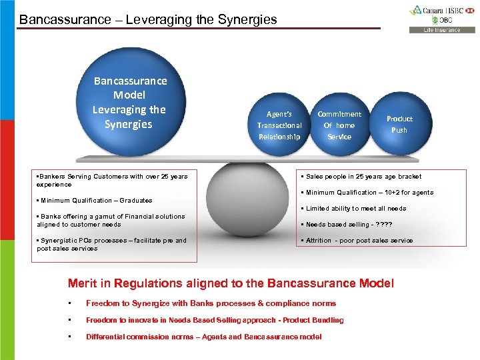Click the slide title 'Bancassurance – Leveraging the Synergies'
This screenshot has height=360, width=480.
pyautogui.click(x=148, y=19)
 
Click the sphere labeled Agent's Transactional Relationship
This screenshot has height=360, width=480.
pyautogui.click(x=279, y=125)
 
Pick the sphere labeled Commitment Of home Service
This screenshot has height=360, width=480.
pyautogui.click(x=339, y=125)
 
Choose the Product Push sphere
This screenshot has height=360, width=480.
pyautogui.click(x=399, y=124)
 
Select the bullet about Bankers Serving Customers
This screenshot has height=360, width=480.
pyautogui.click(x=112, y=180)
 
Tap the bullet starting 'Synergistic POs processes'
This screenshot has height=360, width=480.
pyautogui.click(x=112, y=244)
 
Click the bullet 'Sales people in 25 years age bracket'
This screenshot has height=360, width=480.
pyautogui.click(x=363, y=177)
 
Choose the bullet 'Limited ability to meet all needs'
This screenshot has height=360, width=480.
pyautogui.click(x=356, y=208)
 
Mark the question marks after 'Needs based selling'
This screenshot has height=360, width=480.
pyautogui.click(x=385, y=224)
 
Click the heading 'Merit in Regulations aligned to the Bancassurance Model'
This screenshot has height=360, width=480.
pyautogui.click(x=231, y=283)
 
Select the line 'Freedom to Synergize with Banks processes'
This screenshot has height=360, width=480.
pyautogui.click(x=211, y=303)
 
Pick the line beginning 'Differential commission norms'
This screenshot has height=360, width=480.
pyautogui.click(x=203, y=337)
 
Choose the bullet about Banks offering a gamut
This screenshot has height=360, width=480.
pyautogui.click(x=111, y=220)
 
